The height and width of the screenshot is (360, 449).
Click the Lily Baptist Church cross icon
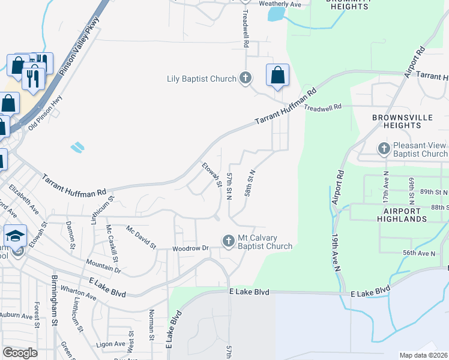click(x=245, y=77)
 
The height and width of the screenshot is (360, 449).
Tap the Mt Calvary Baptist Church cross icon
click(x=228, y=241)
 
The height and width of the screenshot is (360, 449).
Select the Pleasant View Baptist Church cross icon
click(x=384, y=148)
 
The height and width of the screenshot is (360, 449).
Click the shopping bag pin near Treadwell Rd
click(x=277, y=76)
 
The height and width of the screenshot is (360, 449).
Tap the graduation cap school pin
click(x=16, y=235)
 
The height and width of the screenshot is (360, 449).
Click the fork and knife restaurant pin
click(x=31, y=77)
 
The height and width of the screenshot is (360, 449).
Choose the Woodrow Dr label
click(x=190, y=248)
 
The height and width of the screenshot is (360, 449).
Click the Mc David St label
click(x=141, y=236)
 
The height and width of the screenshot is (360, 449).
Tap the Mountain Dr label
click(x=103, y=266)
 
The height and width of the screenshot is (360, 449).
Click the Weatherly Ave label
click(x=280, y=4)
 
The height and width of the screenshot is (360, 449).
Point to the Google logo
click(x=20, y=353)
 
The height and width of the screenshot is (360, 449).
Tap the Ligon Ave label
click(x=111, y=344)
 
